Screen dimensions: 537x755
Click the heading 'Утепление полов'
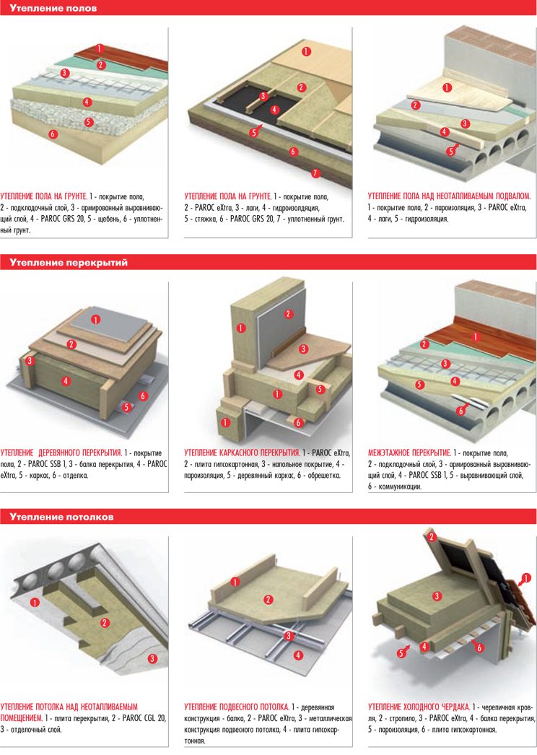tap(53, 8)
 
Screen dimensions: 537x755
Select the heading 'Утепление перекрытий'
tap(69, 263)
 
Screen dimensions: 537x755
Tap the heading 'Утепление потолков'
tap(61, 517)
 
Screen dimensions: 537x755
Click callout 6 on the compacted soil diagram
tap(53, 134)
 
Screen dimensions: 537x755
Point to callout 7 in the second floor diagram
tap(315, 173)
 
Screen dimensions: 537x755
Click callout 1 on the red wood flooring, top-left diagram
tap(100, 48)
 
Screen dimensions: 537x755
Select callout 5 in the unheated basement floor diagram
tap(451, 152)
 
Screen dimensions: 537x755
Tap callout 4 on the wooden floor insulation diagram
tap(66, 381)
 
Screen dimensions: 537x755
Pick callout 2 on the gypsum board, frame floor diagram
tap(289, 314)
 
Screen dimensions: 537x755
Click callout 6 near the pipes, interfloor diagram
tap(461, 411)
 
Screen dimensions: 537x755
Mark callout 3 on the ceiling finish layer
tap(152, 658)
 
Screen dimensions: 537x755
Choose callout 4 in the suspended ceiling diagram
tap(298, 655)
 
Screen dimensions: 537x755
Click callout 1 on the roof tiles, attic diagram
tap(526, 578)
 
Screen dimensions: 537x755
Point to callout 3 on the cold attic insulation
tap(437, 596)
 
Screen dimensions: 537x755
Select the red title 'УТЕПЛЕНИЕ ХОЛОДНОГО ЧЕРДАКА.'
tap(419, 707)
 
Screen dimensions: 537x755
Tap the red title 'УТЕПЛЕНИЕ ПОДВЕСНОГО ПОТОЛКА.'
tap(237, 707)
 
